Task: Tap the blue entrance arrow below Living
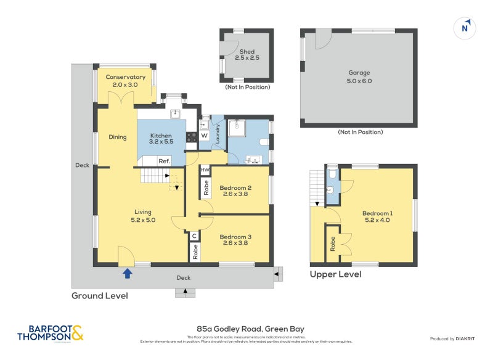click(127, 272)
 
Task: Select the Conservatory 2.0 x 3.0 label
click(125, 81)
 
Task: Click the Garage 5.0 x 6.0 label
click(360, 76)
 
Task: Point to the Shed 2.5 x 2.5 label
click(246, 55)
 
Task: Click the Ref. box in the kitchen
click(164, 161)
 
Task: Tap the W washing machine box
click(204, 135)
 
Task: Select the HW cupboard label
click(205, 170)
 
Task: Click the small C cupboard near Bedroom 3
click(194, 235)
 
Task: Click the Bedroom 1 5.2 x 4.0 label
click(378, 216)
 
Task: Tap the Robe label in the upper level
click(333, 243)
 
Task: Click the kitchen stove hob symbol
click(191, 136)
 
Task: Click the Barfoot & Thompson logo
click(51, 333)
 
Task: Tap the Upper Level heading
click(335, 274)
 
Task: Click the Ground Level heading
click(100, 296)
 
